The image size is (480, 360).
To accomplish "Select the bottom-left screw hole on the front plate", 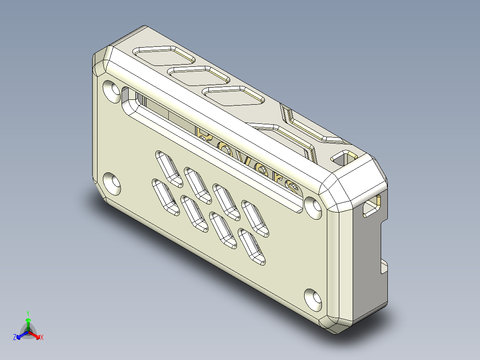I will coord(112,183).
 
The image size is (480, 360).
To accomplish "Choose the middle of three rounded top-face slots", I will coord(198,75).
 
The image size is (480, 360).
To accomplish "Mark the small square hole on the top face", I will coord(343,157).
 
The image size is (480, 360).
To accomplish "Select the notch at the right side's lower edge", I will coord(384,267).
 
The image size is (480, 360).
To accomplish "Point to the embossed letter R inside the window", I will coord(206,136).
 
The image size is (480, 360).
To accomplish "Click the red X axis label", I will coord(42,338).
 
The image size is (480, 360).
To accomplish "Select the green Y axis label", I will coord(28,313).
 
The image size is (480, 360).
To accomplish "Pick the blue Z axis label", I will coord(15,338).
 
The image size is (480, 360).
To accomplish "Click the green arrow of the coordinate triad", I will coord(28,322).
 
